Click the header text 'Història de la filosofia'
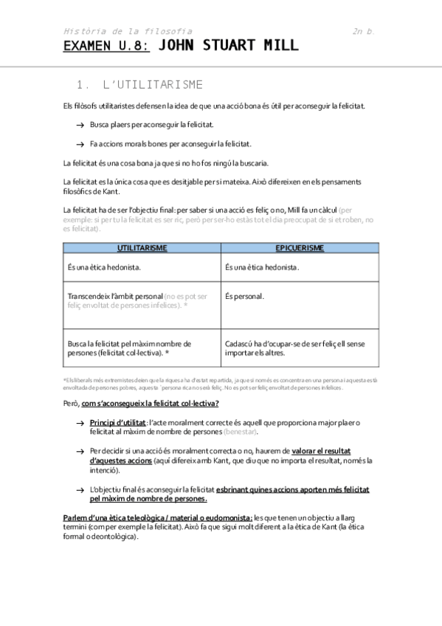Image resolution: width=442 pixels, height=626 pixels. tap(128, 31)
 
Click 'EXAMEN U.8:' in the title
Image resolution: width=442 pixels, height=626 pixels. tap(106, 46)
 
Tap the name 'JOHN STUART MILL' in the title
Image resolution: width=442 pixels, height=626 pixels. tap(229, 46)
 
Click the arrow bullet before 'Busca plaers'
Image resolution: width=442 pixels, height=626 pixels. tap(79, 125)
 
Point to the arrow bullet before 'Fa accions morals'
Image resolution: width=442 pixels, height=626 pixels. tap(79, 145)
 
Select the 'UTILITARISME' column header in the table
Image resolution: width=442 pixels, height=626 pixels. tap(142, 248)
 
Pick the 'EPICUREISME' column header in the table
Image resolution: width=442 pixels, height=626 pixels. tap(300, 248)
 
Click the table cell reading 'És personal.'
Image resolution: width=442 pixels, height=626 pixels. tap(244, 297)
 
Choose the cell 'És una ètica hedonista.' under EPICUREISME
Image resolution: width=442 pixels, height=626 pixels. tap(262, 266)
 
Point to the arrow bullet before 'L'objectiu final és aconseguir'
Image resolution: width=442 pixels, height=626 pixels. tap(79, 489)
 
